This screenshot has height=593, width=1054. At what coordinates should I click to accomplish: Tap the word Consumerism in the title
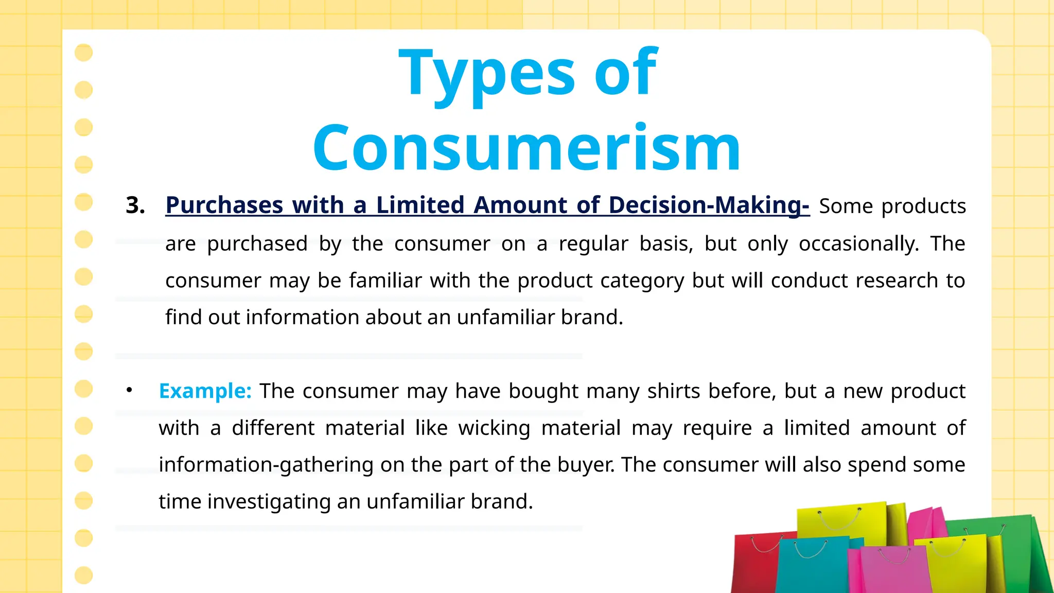coord(526,148)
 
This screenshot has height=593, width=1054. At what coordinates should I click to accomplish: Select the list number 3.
coord(135,205)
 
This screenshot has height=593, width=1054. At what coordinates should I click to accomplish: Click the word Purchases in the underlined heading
coord(224,205)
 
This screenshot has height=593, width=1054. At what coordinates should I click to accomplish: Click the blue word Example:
coord(205,391)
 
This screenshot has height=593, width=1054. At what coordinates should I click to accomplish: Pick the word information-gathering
coord(266,465)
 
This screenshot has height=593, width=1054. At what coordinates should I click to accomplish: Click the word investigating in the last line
coord(269,502)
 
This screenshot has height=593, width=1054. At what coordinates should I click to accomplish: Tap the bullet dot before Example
coord(129,391)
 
